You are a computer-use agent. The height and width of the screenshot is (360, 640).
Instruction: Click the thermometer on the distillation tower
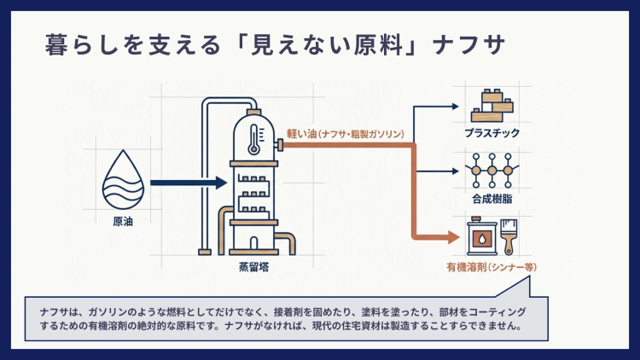click(x=254, y=136)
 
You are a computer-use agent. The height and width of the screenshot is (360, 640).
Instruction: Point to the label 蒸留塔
click(x=253, y=267)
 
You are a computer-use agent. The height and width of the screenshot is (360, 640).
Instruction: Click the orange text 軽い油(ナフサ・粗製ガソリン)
click(x=345, y=134)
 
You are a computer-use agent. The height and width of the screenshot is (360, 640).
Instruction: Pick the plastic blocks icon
click(x=492, y=106)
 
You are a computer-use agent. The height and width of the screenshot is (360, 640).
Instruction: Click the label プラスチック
click(x=492, y=134)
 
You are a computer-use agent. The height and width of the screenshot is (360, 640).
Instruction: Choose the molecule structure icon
click(x=492, y=169)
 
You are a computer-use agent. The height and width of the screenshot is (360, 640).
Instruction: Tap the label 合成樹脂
click(x=492, y=200)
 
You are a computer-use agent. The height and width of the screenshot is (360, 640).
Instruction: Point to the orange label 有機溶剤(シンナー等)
click(x=492, y=267)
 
